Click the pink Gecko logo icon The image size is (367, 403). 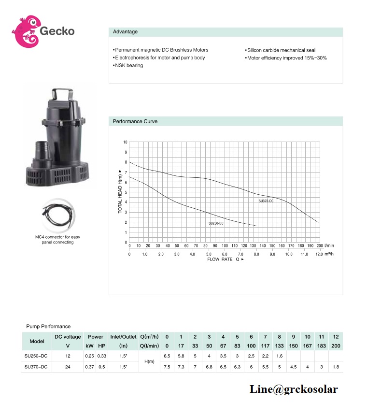pos(26,31)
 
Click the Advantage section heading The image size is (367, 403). pos(125,31)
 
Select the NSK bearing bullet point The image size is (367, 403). pos(128,65)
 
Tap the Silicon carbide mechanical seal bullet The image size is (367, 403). pos(280,50)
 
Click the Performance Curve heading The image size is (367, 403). pos(135,121)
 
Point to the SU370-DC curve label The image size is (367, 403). pos(266,201)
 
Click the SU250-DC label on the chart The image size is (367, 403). pos(216,223)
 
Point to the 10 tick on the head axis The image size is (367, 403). pos(126,142)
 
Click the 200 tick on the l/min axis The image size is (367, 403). pos(320,245)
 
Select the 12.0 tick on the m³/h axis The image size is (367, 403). pos(319,254)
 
